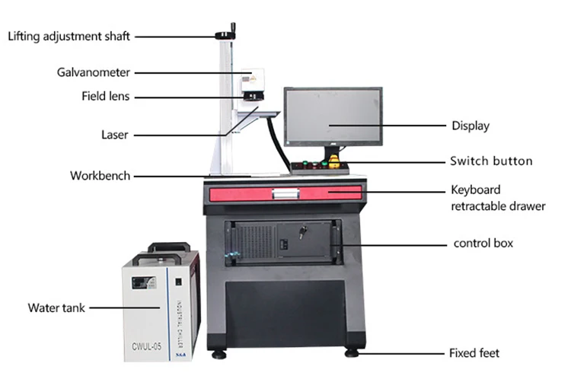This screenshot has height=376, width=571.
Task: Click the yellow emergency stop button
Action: click(333, 161)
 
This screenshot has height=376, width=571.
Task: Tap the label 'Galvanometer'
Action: click(93, 73)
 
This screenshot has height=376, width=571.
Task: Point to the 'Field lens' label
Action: click(105, 97)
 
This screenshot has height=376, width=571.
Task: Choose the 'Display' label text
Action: click(470, 126)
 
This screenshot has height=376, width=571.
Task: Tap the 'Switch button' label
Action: click(491, 161)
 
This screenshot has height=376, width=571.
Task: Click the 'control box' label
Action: click(483, 244)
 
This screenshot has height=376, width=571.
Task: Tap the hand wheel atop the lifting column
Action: click(226, 34)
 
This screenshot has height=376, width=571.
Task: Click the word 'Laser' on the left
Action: click(114, 135)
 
